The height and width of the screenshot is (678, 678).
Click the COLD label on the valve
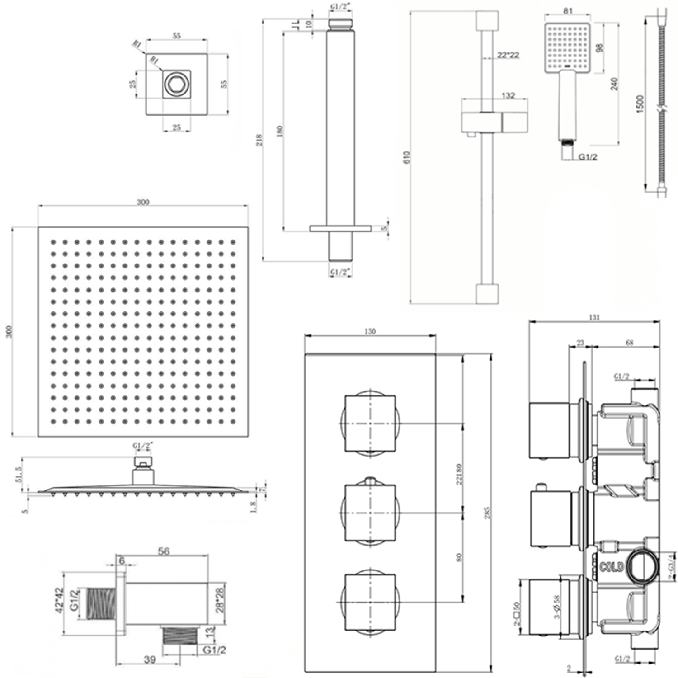click(x=612, y=566)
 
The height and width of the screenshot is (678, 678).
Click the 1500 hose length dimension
click(x=640, y=104)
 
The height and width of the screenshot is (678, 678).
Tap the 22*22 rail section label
click(x=508, y=55)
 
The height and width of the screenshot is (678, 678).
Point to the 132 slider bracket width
click(x=508, y=96)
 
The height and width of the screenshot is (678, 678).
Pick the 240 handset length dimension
click(x=614, y=84)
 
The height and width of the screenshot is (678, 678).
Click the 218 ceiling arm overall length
click(x=259, y=140)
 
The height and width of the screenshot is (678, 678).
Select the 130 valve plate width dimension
click(x=370, y=331)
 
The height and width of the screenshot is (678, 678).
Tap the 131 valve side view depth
click(x=594, y=317)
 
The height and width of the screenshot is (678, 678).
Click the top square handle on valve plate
click(x=370, y=423)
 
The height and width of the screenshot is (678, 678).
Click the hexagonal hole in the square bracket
click(x=176, y=84)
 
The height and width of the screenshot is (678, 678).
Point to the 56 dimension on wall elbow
click(x=164, y=551)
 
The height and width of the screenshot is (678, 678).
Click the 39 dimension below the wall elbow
click(x=150, y=660)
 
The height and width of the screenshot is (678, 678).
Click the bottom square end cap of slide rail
click(x=487, y=294)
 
